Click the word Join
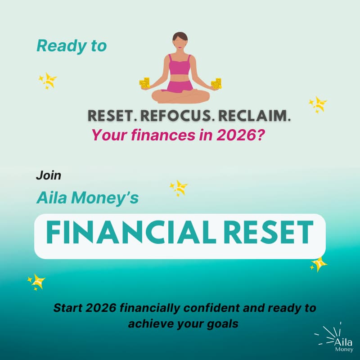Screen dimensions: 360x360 click(48, 175)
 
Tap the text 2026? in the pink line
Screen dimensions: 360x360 click(243, 135)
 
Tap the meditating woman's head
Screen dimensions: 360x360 click(180, 40)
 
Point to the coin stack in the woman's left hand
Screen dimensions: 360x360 click(216, 83)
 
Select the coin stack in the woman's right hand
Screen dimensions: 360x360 click(144, 83)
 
